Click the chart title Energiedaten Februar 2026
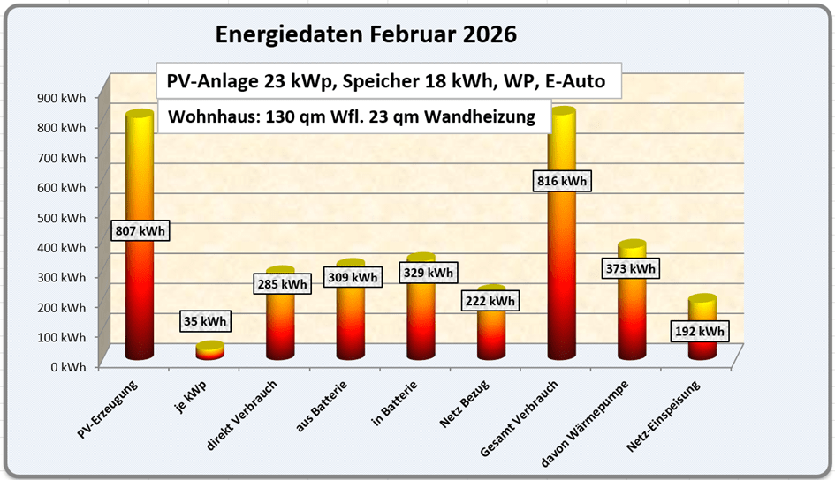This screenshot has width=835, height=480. pos(366,35)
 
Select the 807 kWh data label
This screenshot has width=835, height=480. pos(140,230)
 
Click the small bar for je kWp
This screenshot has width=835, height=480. pos(209,350)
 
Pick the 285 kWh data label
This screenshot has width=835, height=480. pos(282,284)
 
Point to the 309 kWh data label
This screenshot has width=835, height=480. pos(352,277)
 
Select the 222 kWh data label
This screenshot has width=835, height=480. pos(490,301)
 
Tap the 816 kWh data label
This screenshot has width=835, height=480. pos(562,181)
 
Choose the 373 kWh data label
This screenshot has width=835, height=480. pos(631,268)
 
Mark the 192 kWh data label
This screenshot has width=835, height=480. pos(701,332)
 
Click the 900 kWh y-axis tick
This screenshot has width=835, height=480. pos(62,98)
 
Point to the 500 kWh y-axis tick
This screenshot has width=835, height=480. pos(62,217)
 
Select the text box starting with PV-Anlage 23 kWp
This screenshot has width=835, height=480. pos(386,82)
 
